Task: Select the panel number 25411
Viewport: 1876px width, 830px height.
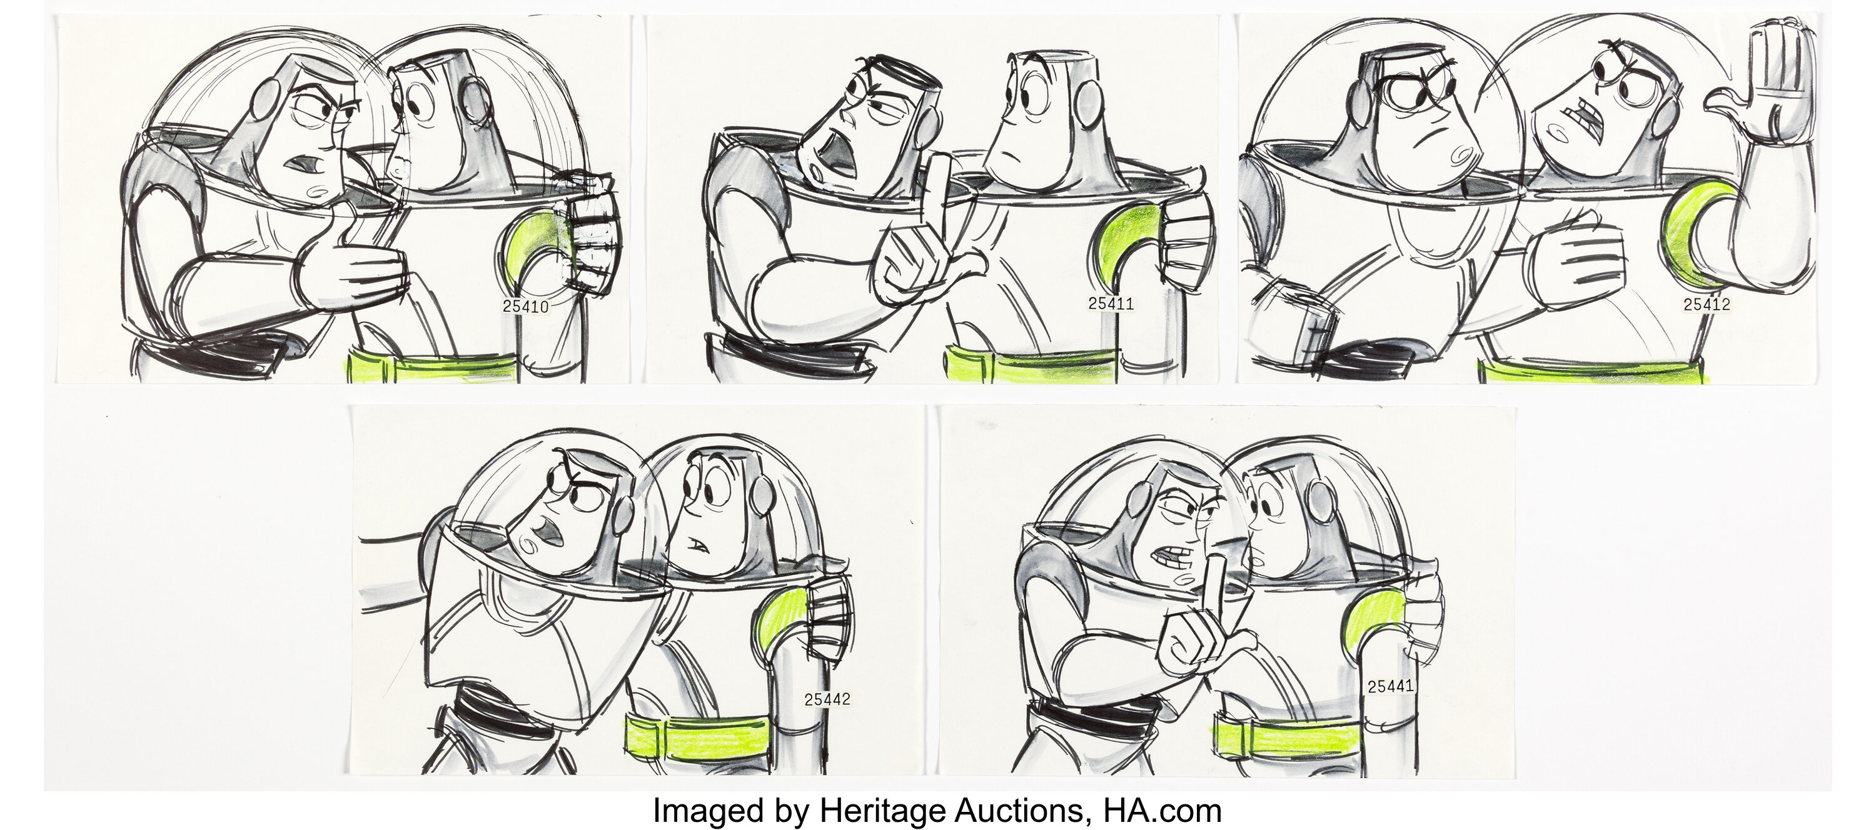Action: (x=1111, y=304)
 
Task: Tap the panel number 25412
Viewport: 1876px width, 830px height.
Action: (x=1707, y=304)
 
